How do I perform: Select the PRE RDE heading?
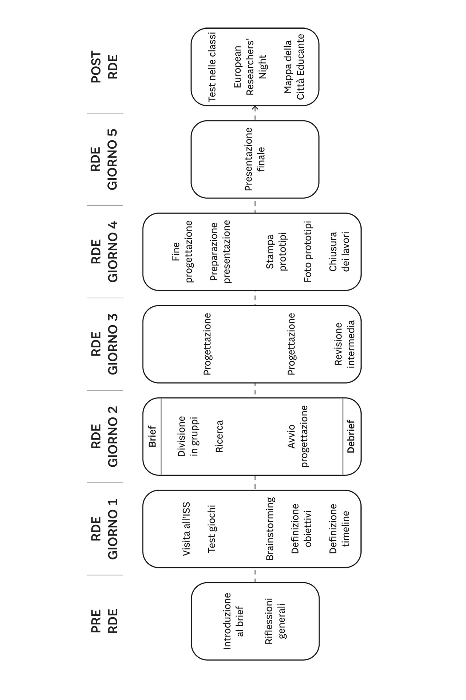[x=104, y=621]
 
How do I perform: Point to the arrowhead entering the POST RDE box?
[x=255, y=108]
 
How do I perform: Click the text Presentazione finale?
[x=255, y=159]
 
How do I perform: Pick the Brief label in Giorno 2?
[x=152, y=436]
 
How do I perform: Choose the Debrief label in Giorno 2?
[x=351, y=436]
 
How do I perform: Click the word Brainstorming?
[x=270, y=529]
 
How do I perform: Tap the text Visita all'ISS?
[x=186, y=529]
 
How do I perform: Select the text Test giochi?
[x=212, y=529]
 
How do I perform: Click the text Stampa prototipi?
[x=276, y=252]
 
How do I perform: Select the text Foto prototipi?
[x=308, y=252]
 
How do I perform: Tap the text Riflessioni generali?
[x=275, y=621]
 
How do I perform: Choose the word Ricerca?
[x=219, y=436]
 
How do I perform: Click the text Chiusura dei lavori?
[x=339, y=252]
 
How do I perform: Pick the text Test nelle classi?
[x=212, y=66]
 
